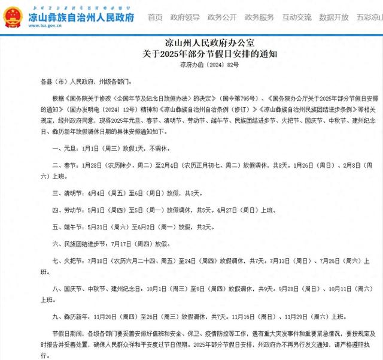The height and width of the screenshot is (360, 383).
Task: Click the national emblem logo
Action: click(12, 17)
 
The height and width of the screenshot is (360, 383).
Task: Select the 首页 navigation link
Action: click(155, 17)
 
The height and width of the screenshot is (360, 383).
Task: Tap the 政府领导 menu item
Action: click(185, 17)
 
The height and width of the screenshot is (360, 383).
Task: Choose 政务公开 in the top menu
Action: click(223, 17)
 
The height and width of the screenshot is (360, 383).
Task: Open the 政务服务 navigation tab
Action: click(260, 17)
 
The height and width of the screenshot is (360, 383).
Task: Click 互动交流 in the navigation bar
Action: click(297, 17)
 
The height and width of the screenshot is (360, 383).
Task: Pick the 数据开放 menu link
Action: click(334, 17)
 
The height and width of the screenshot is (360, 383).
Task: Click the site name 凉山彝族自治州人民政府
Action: click(81, 16)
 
